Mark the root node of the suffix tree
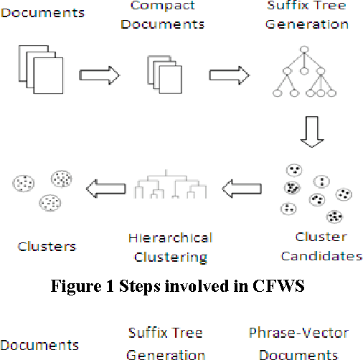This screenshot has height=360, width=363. click(x=304, y=49)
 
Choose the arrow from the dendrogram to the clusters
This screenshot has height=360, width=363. click(x=105, y=189)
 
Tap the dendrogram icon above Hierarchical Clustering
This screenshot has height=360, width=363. click(x=171, y=185)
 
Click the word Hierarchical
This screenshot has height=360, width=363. click(x=170, y=237)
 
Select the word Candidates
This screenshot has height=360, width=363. click(x=321, y=256)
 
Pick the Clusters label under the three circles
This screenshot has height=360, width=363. click(x=47, y=246)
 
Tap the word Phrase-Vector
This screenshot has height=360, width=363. click(x=298, y=333)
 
